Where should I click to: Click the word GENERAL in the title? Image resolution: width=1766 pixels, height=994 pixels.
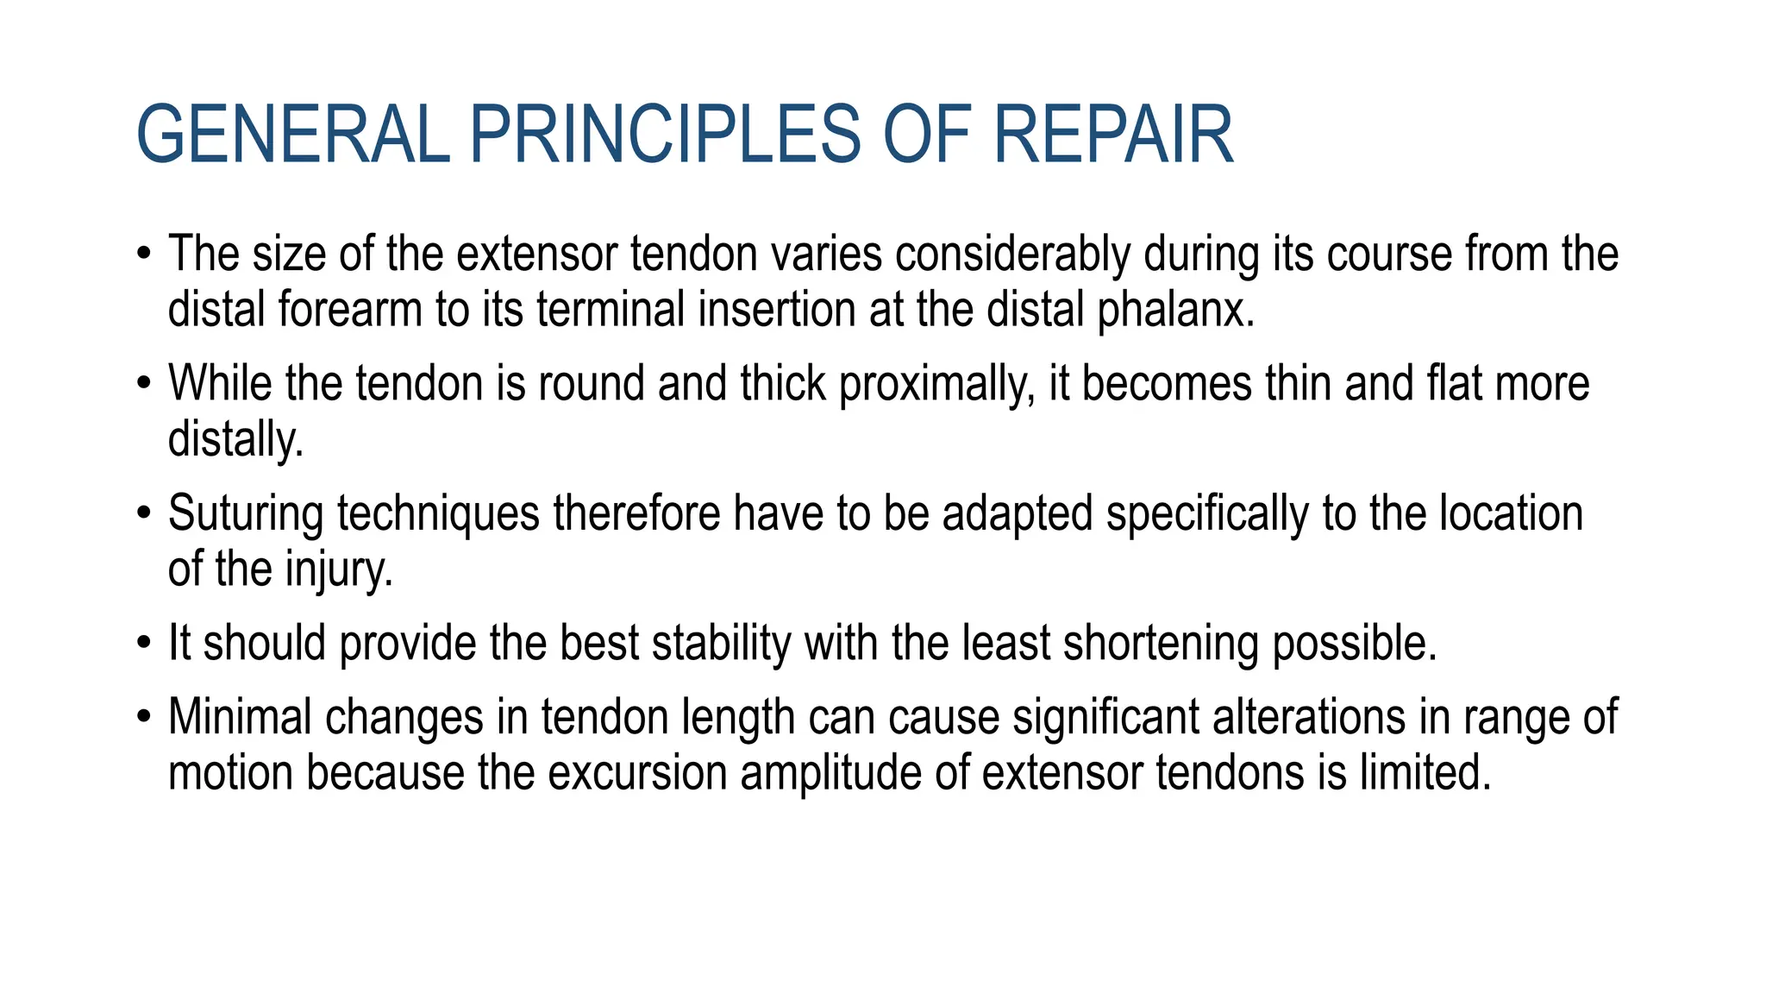(293, 135)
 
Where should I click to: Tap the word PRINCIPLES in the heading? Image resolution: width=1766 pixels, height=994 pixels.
(665, 135)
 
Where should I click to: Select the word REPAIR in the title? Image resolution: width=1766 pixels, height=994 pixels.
(1113, 135)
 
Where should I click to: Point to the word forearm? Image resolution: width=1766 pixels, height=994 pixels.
(349, 310)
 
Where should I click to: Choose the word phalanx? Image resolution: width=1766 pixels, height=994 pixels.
(1176, 310)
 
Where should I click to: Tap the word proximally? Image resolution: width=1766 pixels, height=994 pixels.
(936, 384)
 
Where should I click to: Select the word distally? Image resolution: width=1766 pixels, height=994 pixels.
(235, 439)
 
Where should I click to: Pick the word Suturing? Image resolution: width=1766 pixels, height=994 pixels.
(246, 514)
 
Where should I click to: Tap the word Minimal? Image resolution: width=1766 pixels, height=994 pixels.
(240, 717)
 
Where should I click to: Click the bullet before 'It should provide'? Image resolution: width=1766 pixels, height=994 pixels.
(144, 644)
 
